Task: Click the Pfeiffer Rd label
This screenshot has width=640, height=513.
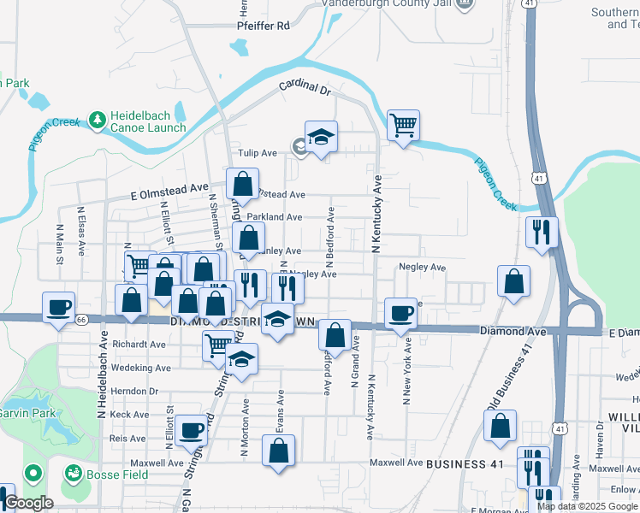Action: click(x=263, y=26)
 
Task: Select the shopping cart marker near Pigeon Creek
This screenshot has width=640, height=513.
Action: click(x=403, y=125)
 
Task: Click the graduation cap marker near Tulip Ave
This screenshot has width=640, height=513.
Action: click(x=321, y=137)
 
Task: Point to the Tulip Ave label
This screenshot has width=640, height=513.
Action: click(x=257, y=153)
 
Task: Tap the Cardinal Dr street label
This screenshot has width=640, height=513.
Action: click(x=303, y=86)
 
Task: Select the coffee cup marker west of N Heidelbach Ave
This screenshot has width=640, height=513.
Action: click(x=58, y=307)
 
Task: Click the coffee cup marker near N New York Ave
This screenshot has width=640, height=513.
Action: click(x=400, y=313)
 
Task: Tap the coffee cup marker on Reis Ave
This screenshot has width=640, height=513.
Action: click(x=192, y=428)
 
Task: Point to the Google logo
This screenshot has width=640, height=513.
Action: click(x=29, y=502)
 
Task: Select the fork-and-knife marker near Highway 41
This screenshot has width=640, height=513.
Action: click(x=541, y=232)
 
